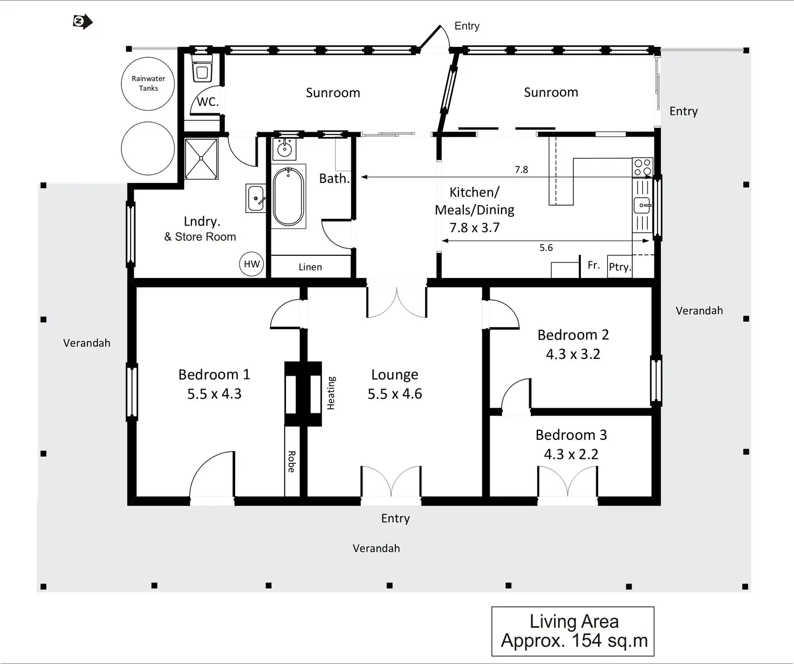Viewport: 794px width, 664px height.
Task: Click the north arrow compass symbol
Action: (83, 22)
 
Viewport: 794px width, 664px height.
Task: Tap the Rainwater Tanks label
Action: (148, 83)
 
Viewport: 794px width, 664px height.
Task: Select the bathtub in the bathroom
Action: (289, 196)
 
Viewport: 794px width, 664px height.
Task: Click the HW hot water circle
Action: (252, 264)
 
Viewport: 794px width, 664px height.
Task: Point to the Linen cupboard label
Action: (310, 267)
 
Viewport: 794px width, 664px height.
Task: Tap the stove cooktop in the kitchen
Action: (642, 167)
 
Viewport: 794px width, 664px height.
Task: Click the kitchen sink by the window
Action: (642, 205)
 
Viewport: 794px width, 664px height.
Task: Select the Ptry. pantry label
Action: (619, 267)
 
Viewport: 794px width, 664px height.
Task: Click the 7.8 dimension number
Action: (521, 170)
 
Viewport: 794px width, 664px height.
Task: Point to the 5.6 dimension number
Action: (546, 248)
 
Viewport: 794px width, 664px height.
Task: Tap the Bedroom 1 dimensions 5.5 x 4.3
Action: (214, 394)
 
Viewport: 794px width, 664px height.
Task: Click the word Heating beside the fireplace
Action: (331, 393)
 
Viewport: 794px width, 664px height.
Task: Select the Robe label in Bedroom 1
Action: (291, 462)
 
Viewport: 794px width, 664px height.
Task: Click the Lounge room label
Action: (394, 375)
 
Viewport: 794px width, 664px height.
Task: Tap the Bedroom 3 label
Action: (571, 435)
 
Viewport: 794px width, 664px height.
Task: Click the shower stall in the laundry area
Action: (201, 158)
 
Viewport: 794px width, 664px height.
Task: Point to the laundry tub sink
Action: (256, 198)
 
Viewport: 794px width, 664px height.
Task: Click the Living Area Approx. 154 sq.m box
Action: (573, 631)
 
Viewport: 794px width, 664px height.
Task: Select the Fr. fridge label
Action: (593, 265)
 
